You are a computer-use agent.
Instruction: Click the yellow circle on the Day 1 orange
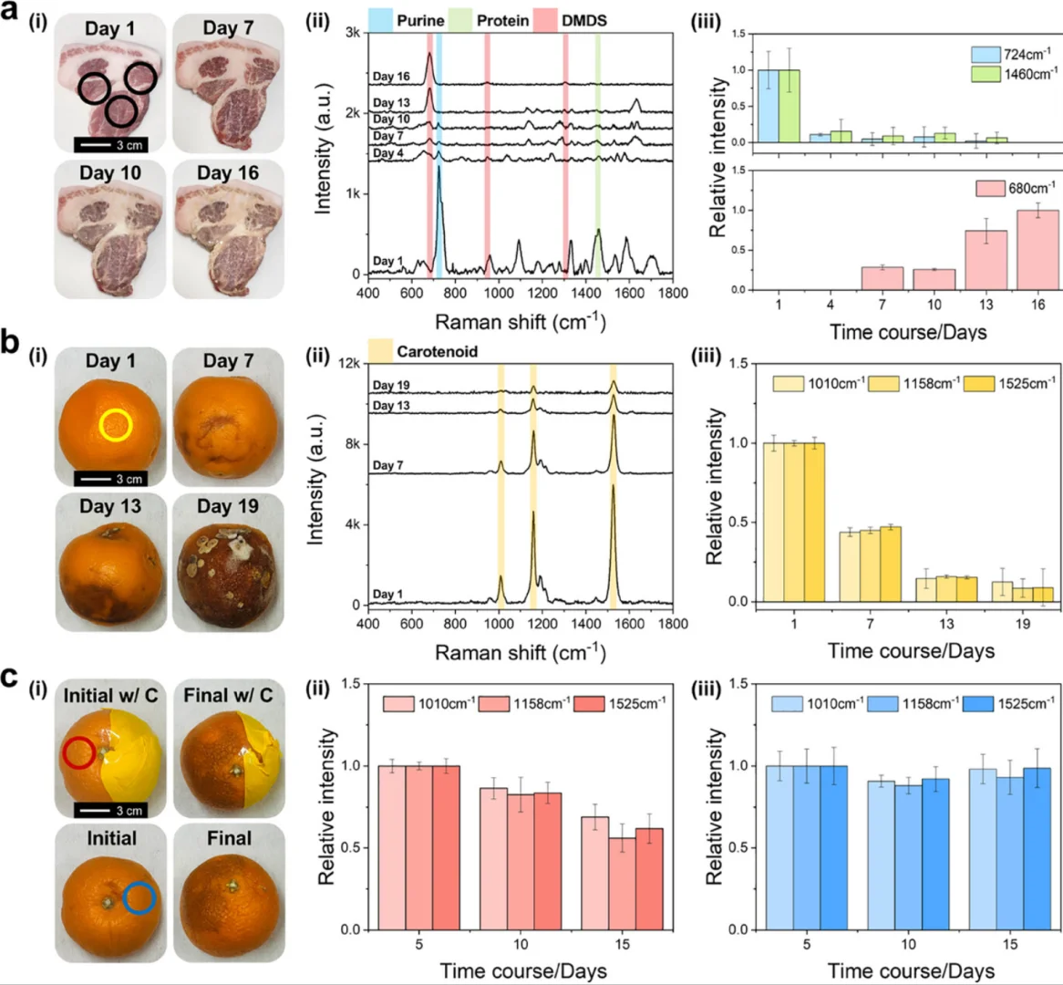point(116,424)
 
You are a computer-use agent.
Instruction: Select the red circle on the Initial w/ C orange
point(79,752)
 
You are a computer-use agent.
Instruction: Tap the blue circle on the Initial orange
point(139,897)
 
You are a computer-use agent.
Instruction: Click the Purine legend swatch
point(380,20)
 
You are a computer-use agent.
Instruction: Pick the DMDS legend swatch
point(545,20)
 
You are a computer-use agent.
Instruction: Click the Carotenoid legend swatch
point(380,351)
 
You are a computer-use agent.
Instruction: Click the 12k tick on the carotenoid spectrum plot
point(347,364)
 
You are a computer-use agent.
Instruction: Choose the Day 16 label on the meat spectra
point(391,78)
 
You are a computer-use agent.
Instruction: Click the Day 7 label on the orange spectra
point(388,466)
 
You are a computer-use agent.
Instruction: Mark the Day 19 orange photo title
point(228,506)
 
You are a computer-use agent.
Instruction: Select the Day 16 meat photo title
point(228,173)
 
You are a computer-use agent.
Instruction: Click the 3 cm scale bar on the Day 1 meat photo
point(110,145)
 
